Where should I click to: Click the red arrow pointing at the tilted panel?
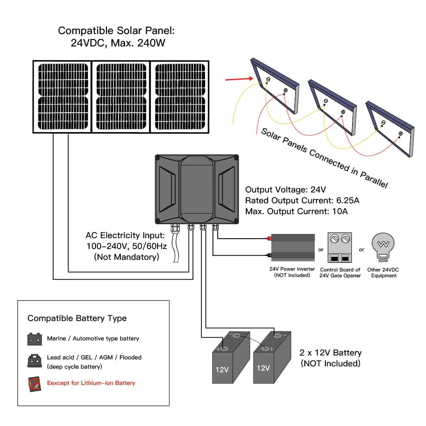239,79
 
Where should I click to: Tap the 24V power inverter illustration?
293,247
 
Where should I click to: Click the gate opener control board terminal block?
340,248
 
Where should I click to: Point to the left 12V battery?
230,360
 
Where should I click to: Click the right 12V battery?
271,358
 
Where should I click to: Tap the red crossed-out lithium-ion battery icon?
34,384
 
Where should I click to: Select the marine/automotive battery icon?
34,339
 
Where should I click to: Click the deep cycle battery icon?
34,361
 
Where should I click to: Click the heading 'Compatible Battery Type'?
77,318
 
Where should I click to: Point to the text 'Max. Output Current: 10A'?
296,211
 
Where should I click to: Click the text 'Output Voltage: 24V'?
285,190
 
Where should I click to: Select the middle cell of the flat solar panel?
121,97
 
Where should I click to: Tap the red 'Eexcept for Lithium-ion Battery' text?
91,383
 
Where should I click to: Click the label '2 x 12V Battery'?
330,353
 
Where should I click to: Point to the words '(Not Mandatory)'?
126,257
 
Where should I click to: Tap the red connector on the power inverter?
268,239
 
